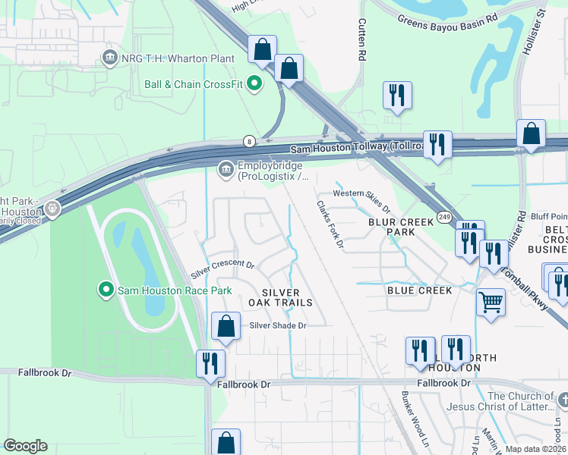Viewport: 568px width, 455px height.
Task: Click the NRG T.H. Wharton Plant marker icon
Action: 109,58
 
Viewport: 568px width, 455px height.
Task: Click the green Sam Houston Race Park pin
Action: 106,289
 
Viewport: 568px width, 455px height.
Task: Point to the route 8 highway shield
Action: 248,141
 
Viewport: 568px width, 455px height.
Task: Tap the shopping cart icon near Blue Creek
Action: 491,302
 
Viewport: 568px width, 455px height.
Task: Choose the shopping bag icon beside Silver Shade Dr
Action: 226,327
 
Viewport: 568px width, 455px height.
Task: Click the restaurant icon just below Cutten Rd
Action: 398,96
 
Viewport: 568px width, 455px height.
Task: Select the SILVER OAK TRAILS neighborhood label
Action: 287,297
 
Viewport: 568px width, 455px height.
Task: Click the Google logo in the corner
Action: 25,446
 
